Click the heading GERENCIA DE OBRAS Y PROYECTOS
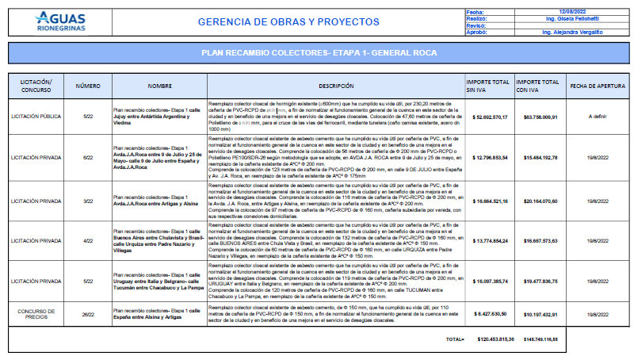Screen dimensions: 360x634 [x=288, y=22]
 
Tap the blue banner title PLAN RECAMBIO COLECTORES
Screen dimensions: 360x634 [x=319, y=53]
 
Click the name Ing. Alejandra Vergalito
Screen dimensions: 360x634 [x=572, y=31]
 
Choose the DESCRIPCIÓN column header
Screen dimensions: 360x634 [x=336, y=85]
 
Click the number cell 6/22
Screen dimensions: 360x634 [x=88, y=158]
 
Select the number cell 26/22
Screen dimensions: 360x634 [x=88, y=313]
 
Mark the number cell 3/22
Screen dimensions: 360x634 [x=88, y=202]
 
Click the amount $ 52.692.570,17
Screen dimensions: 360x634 [x=489, y=116]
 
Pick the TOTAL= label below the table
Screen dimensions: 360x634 [x=455, y=339]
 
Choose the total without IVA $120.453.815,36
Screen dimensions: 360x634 [x=491, y=339]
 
